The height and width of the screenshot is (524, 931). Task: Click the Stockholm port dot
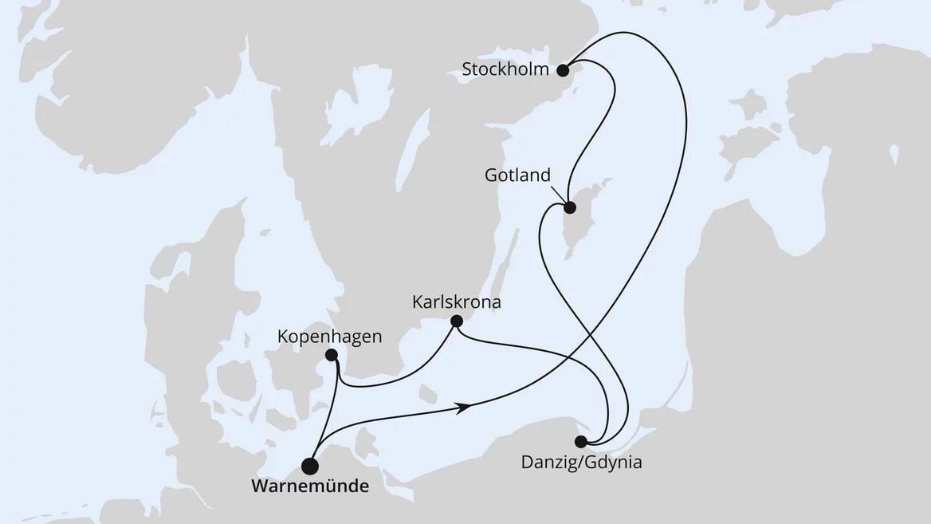563,70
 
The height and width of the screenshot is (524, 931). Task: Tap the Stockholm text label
505,69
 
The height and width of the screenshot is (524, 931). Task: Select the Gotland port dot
570,208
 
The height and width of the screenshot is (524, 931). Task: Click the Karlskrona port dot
456,321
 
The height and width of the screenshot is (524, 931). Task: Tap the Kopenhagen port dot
332,356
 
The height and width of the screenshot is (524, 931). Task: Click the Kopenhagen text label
329,337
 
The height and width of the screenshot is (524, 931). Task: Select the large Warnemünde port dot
310,467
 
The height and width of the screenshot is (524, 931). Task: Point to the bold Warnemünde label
309,486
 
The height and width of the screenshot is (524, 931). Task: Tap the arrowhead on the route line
462,408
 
